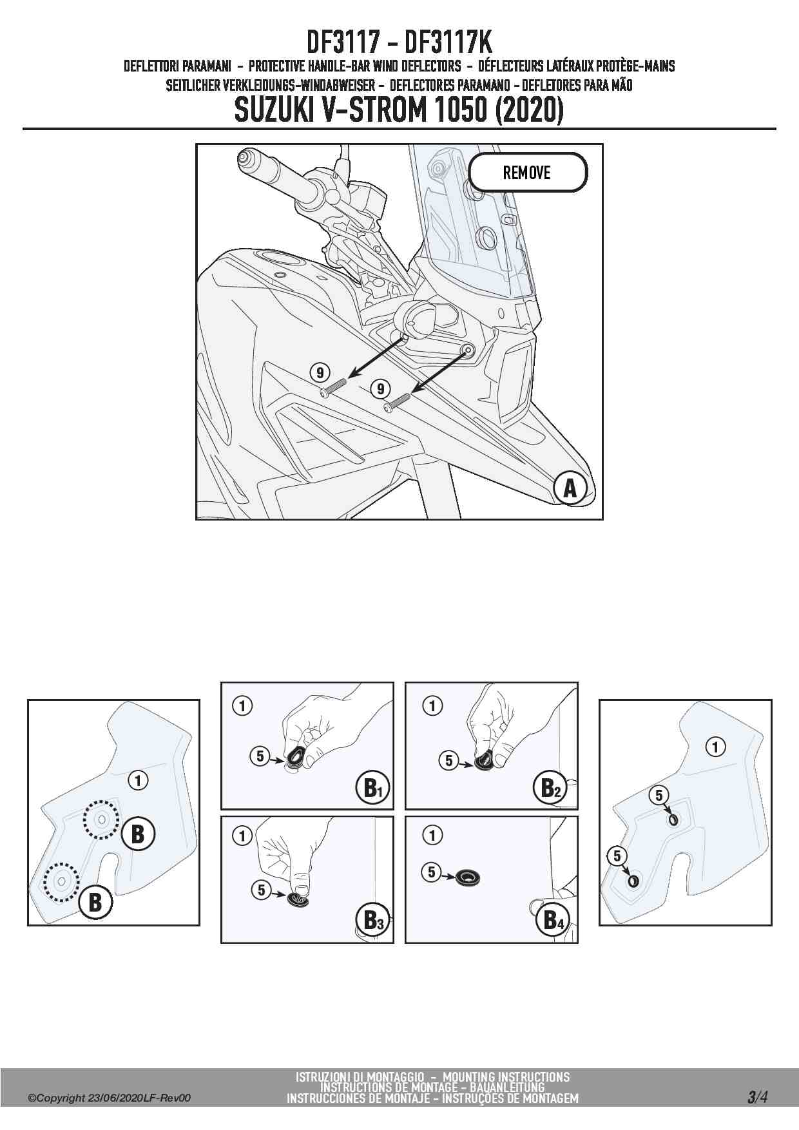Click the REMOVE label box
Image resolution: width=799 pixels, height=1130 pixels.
[528, 173]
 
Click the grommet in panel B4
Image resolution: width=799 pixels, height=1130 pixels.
[468, 877]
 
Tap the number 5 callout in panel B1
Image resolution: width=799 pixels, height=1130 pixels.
[260, 756]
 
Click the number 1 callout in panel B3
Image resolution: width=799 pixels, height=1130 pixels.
[242, 836]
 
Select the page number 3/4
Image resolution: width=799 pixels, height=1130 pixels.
[758, 1097]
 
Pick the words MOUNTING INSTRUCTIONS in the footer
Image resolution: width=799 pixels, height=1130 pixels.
[506, 1077]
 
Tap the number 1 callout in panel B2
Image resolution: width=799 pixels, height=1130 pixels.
[432, 705]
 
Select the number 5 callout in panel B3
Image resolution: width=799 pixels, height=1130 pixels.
[261, 890]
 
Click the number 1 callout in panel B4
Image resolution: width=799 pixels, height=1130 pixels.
[432, 836]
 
